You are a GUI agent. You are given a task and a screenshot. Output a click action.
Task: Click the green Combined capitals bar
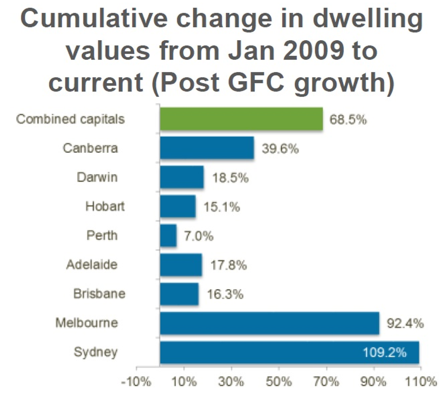click(x=241, y=119)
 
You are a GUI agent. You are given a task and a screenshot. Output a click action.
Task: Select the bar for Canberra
click(x=207, y=148)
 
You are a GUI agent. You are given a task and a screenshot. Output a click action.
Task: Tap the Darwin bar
click(x=182, y=177)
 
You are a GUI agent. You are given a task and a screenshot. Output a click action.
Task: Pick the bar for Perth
click(x=168, y=235)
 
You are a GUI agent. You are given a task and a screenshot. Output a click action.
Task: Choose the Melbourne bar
click(x=269, y=324)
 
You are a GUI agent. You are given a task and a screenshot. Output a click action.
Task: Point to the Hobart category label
click(x=105, y=206)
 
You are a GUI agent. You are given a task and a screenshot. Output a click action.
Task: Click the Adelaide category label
click(x=91, y=265)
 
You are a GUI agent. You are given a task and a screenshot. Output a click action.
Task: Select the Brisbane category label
click(x=99, y=294)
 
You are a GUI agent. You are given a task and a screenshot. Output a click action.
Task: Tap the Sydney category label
click(x=95, y=352)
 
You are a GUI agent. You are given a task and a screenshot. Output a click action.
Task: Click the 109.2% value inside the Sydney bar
click(x=385, y=352)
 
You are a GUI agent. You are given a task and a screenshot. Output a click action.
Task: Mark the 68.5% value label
click(x=348, y=119)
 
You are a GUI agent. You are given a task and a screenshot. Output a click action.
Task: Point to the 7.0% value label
click(x=198, y=236)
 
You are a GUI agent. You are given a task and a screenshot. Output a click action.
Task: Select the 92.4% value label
click(x=405, y=324)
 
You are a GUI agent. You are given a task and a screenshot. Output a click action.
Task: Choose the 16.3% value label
click(x=225, y=294)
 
